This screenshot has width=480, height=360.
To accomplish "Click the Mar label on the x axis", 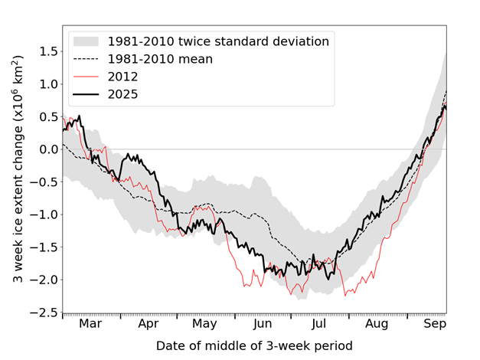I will (x=90, y=325).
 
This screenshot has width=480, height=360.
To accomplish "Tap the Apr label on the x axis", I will (x=149, y=325).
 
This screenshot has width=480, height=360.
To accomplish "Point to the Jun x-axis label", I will (x=263, y=325).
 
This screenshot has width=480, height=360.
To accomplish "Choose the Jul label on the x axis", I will (x=319, y=325).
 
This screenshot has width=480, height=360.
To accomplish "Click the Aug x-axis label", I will (x=377, y=325).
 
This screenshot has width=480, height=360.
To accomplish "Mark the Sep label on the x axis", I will (x=434, y=325).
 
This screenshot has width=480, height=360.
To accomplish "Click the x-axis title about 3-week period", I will (x=255, y=345).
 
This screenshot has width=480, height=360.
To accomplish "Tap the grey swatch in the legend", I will (x=87, y=41).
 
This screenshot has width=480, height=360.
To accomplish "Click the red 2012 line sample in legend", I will (x=87, y=76).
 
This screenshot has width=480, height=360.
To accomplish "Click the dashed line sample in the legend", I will (x=87, y=58).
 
